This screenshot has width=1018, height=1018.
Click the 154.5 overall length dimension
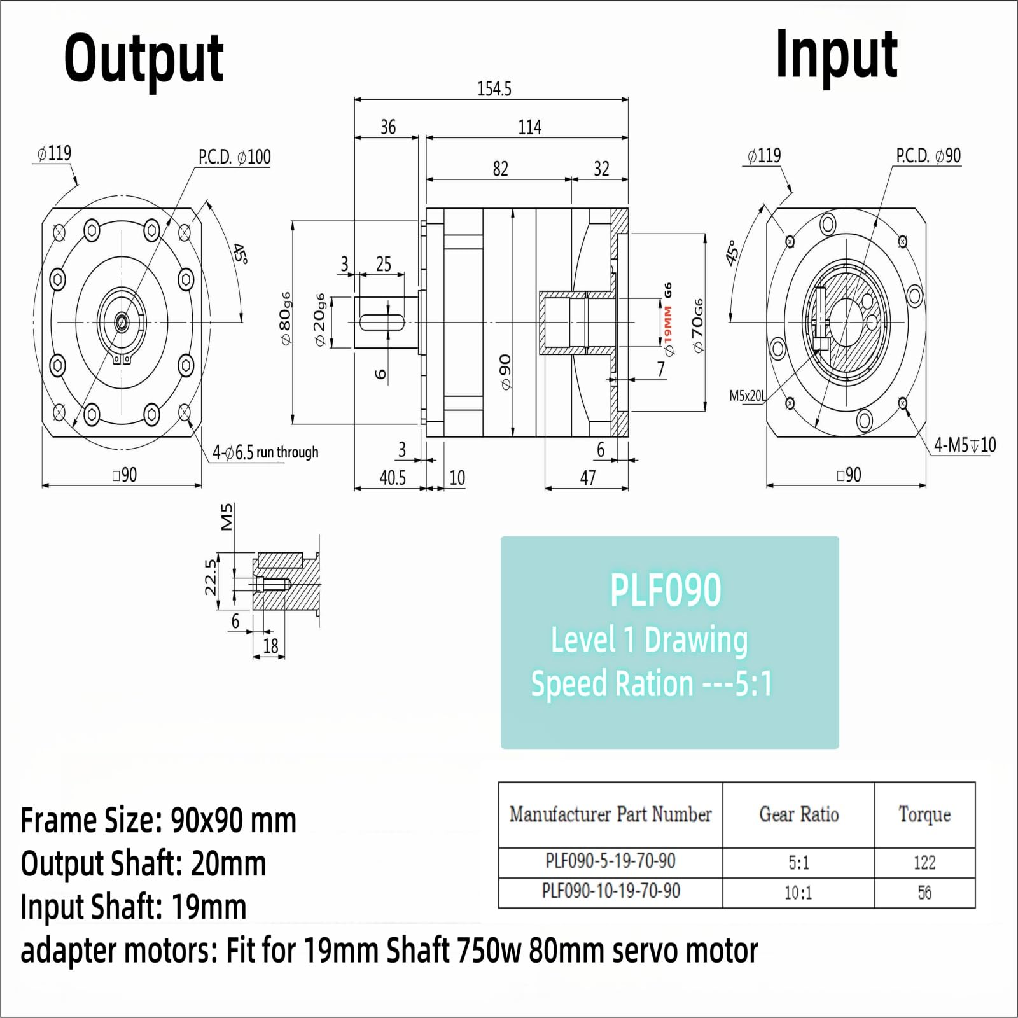tap(494, 88)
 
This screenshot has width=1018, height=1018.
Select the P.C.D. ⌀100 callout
tap(234, 157)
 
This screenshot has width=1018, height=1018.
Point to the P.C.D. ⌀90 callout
tap(928, 156)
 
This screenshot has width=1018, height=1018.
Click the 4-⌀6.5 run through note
tap(265, 452)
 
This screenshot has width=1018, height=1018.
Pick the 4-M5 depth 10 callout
tap(965, 445)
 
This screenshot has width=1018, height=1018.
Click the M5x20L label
tap(748, 396)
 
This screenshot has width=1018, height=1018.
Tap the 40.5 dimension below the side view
tap(393, 478)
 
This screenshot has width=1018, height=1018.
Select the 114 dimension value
tap(529, 127)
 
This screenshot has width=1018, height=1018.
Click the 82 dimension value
tap(501, 169)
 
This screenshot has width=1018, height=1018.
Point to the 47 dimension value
tap(588, 478)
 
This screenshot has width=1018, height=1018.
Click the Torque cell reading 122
tap(924, 863)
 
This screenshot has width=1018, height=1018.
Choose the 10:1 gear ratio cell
tap(798, 893)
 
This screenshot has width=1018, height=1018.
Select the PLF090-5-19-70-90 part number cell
tap(610, 861)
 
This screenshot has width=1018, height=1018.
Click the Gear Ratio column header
tap(798, 814)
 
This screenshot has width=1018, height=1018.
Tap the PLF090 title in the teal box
tap(666, 590)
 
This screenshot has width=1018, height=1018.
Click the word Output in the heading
tap(144, 59)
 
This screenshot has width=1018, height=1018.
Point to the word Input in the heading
tap(836, 55)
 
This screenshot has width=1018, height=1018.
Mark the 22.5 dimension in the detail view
tap(211, 577)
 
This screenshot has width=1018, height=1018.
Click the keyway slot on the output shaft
tap(382, 323)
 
